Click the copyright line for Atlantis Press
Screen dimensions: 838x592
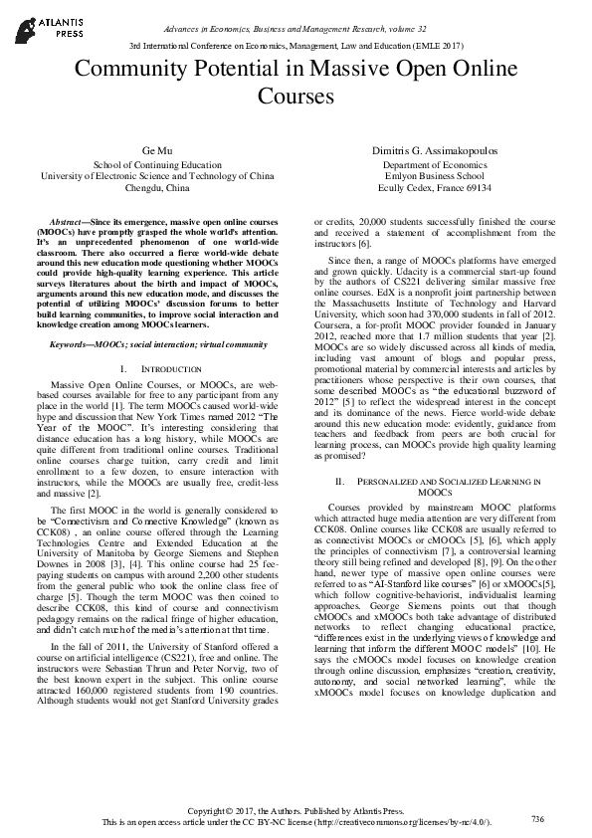296,811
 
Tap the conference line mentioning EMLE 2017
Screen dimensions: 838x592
296,47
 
